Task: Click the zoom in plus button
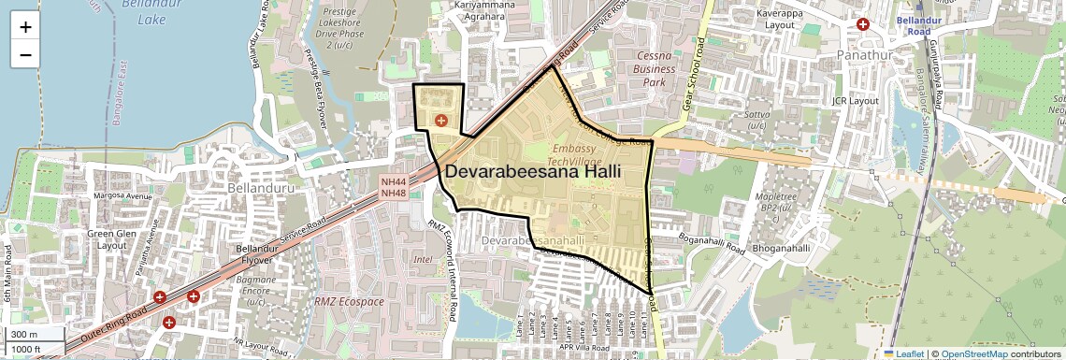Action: (25, 27)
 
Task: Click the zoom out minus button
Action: (25, 55)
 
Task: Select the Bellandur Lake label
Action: (145, 12)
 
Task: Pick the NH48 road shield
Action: (393, 194)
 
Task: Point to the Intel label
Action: (423, 259)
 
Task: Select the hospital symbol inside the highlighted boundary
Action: (440, 121)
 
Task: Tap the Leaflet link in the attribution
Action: (904, 353)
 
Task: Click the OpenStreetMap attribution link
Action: (973, 353)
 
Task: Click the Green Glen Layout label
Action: (113, 240)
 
